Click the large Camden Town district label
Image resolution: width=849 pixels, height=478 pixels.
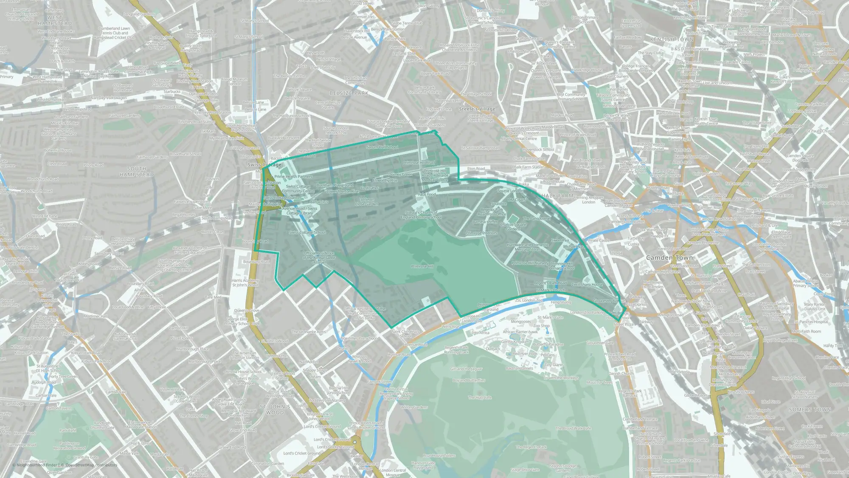(x=669, y=257)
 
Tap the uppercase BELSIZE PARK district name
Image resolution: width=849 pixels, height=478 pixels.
(x=349, y=93)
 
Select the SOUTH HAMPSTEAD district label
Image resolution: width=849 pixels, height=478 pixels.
(x=137, y=172)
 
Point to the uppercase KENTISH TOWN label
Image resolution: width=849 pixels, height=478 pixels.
(x=672, y=39)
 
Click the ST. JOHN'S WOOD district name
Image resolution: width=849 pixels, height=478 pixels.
(x=275, y=410)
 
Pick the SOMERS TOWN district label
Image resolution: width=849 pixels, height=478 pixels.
(x=810, y=410)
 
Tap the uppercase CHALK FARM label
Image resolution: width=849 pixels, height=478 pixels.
(x=556, y=196)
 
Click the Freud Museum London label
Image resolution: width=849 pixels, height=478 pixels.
(x=234, y=81)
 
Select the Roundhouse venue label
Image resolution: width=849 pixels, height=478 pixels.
(x=554, y=181)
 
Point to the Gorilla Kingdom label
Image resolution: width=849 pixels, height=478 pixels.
(x=515, y=342)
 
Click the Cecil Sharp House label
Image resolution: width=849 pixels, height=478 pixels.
(x=587, y=285)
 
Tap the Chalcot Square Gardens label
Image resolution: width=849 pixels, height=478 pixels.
(x=513, y=227)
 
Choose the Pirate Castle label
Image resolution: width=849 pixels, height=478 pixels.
(x=599, y=240)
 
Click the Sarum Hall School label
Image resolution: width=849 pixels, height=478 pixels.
(x=382, y=147)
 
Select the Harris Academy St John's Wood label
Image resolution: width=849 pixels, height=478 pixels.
(x=245, y=283)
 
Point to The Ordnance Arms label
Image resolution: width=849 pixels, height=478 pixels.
(x=309, y=332)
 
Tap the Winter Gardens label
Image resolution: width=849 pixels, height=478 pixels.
(x=414, y=407)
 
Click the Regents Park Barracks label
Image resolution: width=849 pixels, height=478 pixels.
(x=630, y=393)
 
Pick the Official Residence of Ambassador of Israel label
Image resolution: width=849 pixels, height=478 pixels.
(x=319, y=257)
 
